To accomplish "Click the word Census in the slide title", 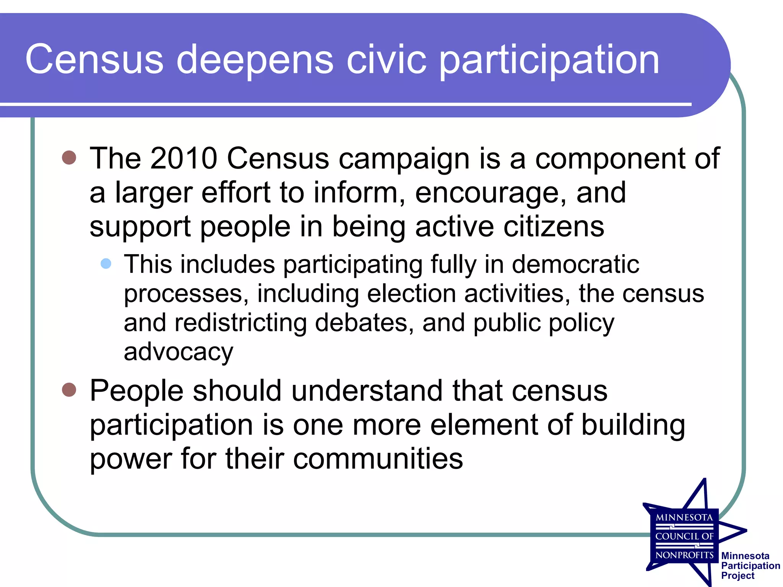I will click(94, 59).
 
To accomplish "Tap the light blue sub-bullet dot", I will click(106, 263).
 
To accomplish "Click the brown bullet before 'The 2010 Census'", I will click(69, 157).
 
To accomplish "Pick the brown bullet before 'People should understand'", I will click(69, 389).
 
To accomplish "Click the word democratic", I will click(575, 264).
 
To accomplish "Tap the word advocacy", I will click(178, 352).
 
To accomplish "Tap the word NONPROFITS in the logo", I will click(684, 555).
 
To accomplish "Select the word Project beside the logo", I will click(738, 576).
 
